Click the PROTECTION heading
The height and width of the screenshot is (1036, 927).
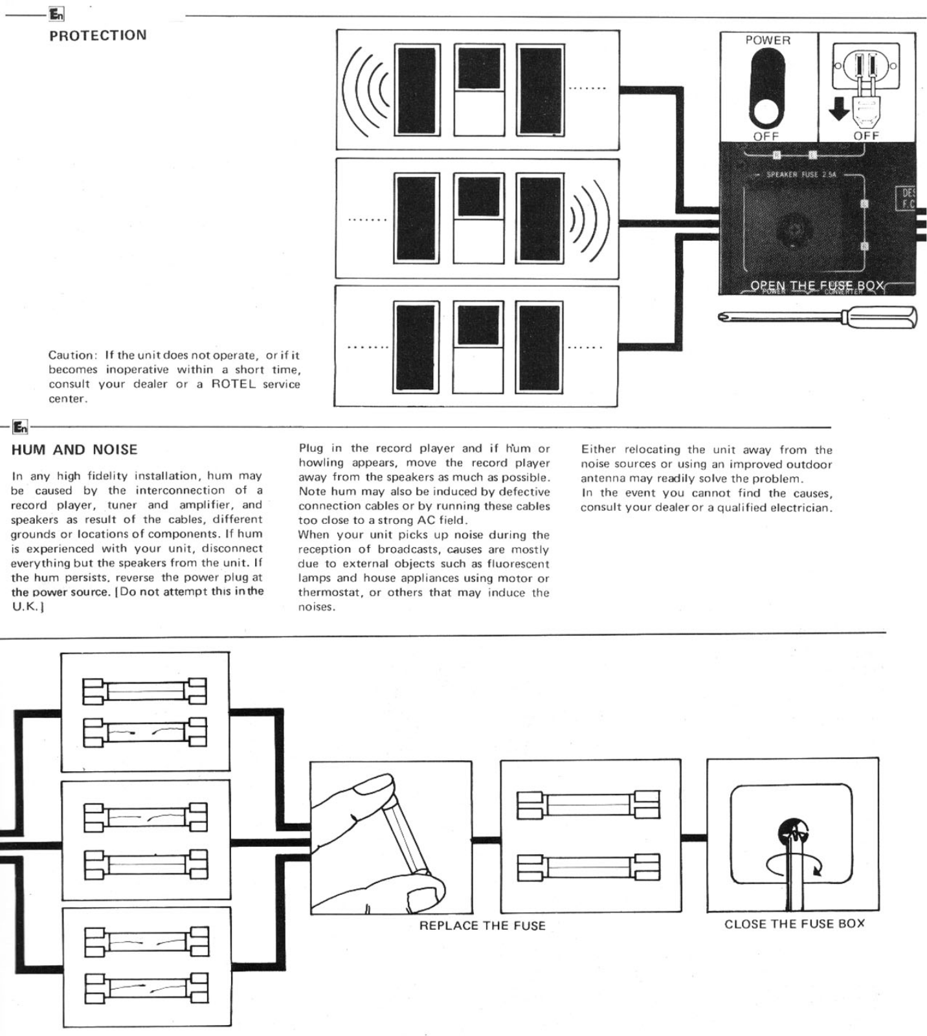98,36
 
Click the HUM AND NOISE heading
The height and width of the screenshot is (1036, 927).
74,450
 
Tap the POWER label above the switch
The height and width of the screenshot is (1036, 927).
768,40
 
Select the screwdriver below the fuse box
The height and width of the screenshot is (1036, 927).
818,317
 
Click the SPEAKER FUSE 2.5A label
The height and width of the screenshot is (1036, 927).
801,175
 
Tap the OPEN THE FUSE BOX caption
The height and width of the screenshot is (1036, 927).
817,286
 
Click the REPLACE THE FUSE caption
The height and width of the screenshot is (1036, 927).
482,926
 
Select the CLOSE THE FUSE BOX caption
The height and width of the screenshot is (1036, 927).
794,924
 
